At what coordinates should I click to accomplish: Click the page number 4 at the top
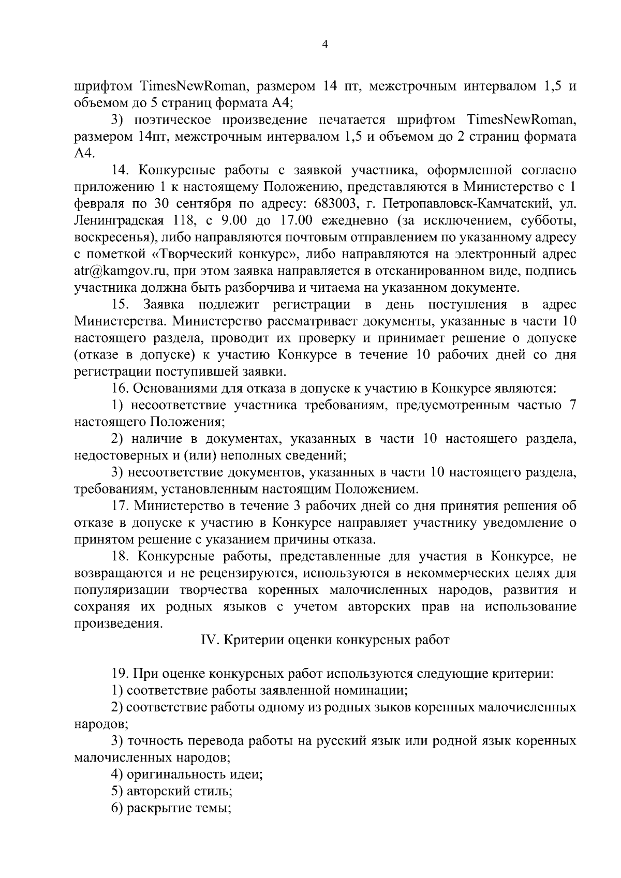pos(324,45)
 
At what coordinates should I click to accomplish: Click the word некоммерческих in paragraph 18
pos(461,573)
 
